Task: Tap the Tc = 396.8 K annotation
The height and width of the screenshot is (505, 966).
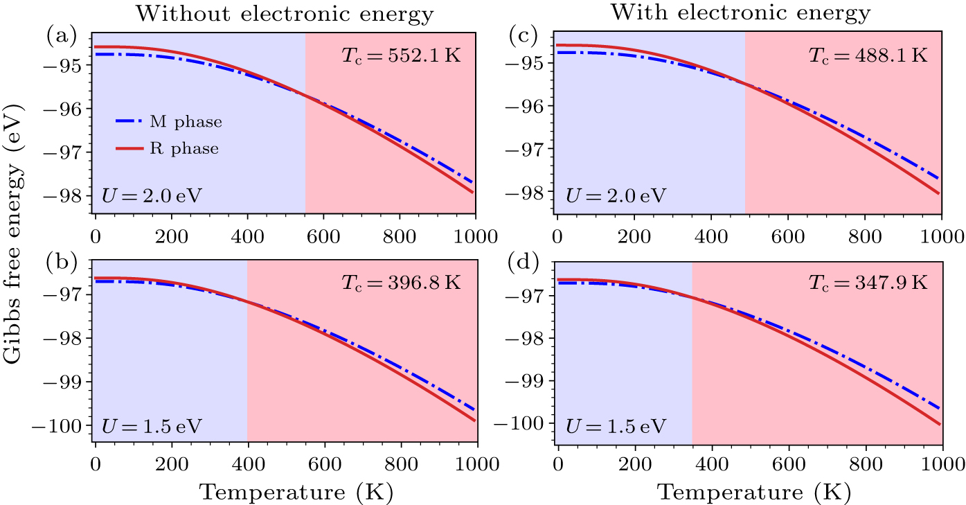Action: pyautogui.click(x=400, y=283)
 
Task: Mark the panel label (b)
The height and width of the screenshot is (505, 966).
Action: pyautogui.click(x=61, y=265)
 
